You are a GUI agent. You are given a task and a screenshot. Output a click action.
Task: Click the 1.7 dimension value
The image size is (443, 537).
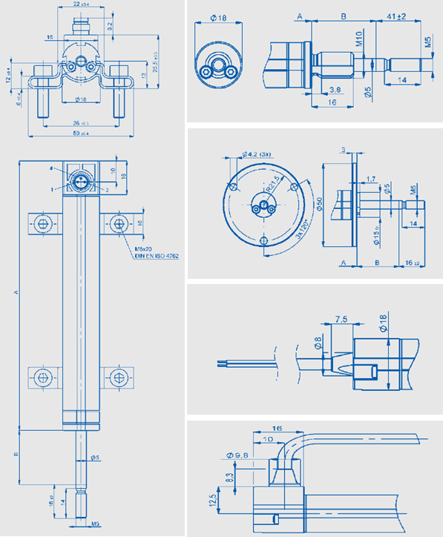pos(370,178)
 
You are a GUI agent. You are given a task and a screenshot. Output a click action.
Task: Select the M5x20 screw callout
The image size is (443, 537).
pos(143,248)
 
